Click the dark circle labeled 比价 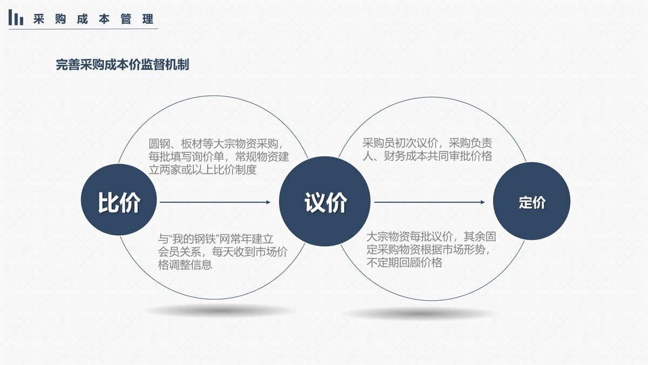point(119,203)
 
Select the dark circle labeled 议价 point(325,203)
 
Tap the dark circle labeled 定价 point(532,203)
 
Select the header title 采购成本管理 point(93,19)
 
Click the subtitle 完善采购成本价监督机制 point(123,65)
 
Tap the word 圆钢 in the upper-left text point(158,144)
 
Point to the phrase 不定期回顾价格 point(404,263)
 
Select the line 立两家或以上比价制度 point(202,170)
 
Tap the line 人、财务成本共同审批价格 point(427,156)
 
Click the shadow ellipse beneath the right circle point(421,313)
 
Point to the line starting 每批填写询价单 point(219,157)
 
